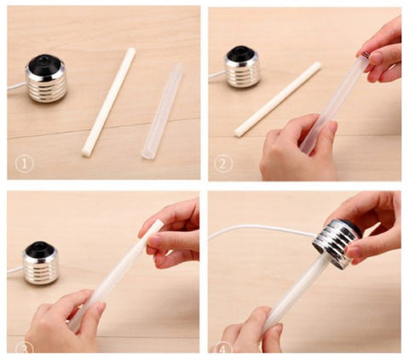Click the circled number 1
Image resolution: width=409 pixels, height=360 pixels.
[24, 165]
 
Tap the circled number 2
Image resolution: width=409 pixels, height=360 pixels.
[223, 164]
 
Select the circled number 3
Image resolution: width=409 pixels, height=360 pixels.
[24, 347]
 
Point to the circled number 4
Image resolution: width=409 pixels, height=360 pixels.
[222, 348]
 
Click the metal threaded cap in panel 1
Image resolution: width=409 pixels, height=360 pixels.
[47, 78]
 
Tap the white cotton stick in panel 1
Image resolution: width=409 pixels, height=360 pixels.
[109, 102]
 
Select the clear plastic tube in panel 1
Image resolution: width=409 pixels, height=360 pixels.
[162, 112]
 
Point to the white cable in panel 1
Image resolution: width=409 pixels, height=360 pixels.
[16, 86]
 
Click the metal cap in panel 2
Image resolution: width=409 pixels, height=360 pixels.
[243, 67]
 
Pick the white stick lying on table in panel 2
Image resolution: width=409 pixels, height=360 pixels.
[278, 99]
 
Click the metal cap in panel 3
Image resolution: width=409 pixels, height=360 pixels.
[41, 264]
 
